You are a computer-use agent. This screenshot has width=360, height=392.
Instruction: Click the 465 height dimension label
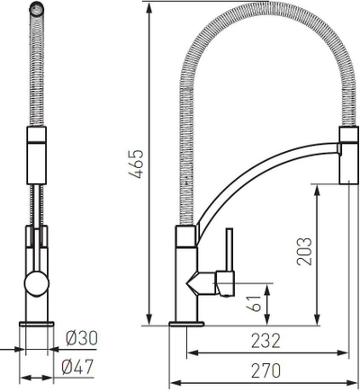[x=136, y=164]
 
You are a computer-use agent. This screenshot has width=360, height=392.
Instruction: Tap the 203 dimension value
[x=304, y=252]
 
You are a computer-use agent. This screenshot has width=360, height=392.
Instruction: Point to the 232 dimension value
[x=265, y=341]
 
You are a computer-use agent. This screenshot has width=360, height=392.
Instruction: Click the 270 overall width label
[x=265, y=370]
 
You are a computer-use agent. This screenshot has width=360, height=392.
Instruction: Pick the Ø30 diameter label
[x=82, y=338]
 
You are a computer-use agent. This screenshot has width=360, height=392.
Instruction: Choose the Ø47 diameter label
[x=77, y=367]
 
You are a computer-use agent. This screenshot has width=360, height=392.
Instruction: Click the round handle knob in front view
[x=37, y=283]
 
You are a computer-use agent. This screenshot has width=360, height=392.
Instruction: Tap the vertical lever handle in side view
[x=230, y=250]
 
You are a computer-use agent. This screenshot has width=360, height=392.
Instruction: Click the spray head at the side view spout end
[x=349, y=155]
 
